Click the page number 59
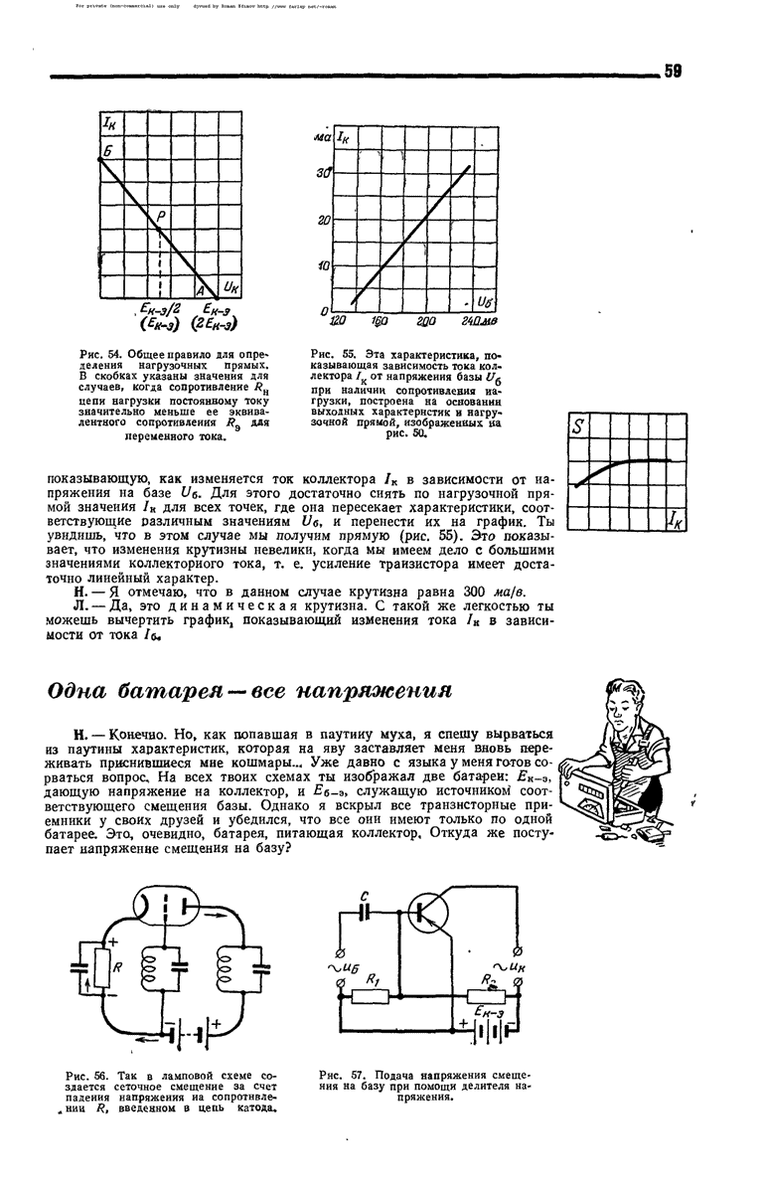click(673, 71)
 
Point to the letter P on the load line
click(160, 215)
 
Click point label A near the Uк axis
click(199, 290)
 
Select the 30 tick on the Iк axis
click(324, 173)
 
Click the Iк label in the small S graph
click(677, 518)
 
